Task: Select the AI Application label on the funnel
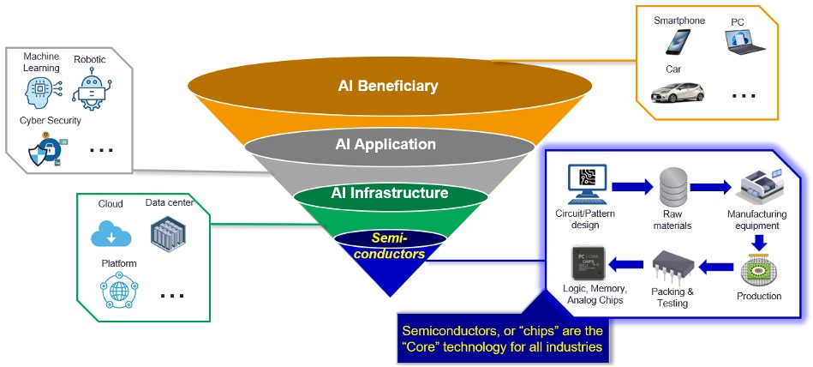(385, 144)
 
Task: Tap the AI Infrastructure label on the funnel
(389, 193)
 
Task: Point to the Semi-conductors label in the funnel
(391, 245)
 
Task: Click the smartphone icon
(678, 41)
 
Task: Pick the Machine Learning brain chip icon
(41, 91)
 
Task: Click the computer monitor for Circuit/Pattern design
(587, 183)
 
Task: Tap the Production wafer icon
(757, 269)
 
